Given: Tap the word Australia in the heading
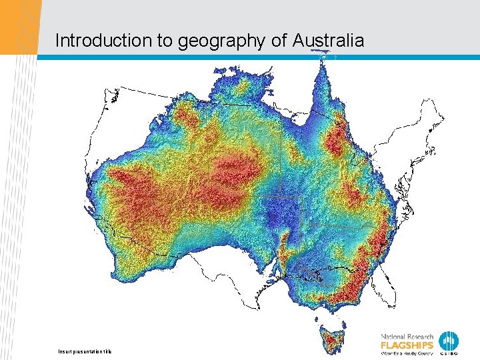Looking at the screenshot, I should [328, 41].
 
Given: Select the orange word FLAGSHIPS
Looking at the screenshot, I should [407, 345].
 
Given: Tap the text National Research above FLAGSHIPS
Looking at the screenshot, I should [407, 336].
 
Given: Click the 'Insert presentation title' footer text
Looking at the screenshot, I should [84, 351].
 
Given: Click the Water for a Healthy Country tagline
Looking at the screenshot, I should [407, 353].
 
